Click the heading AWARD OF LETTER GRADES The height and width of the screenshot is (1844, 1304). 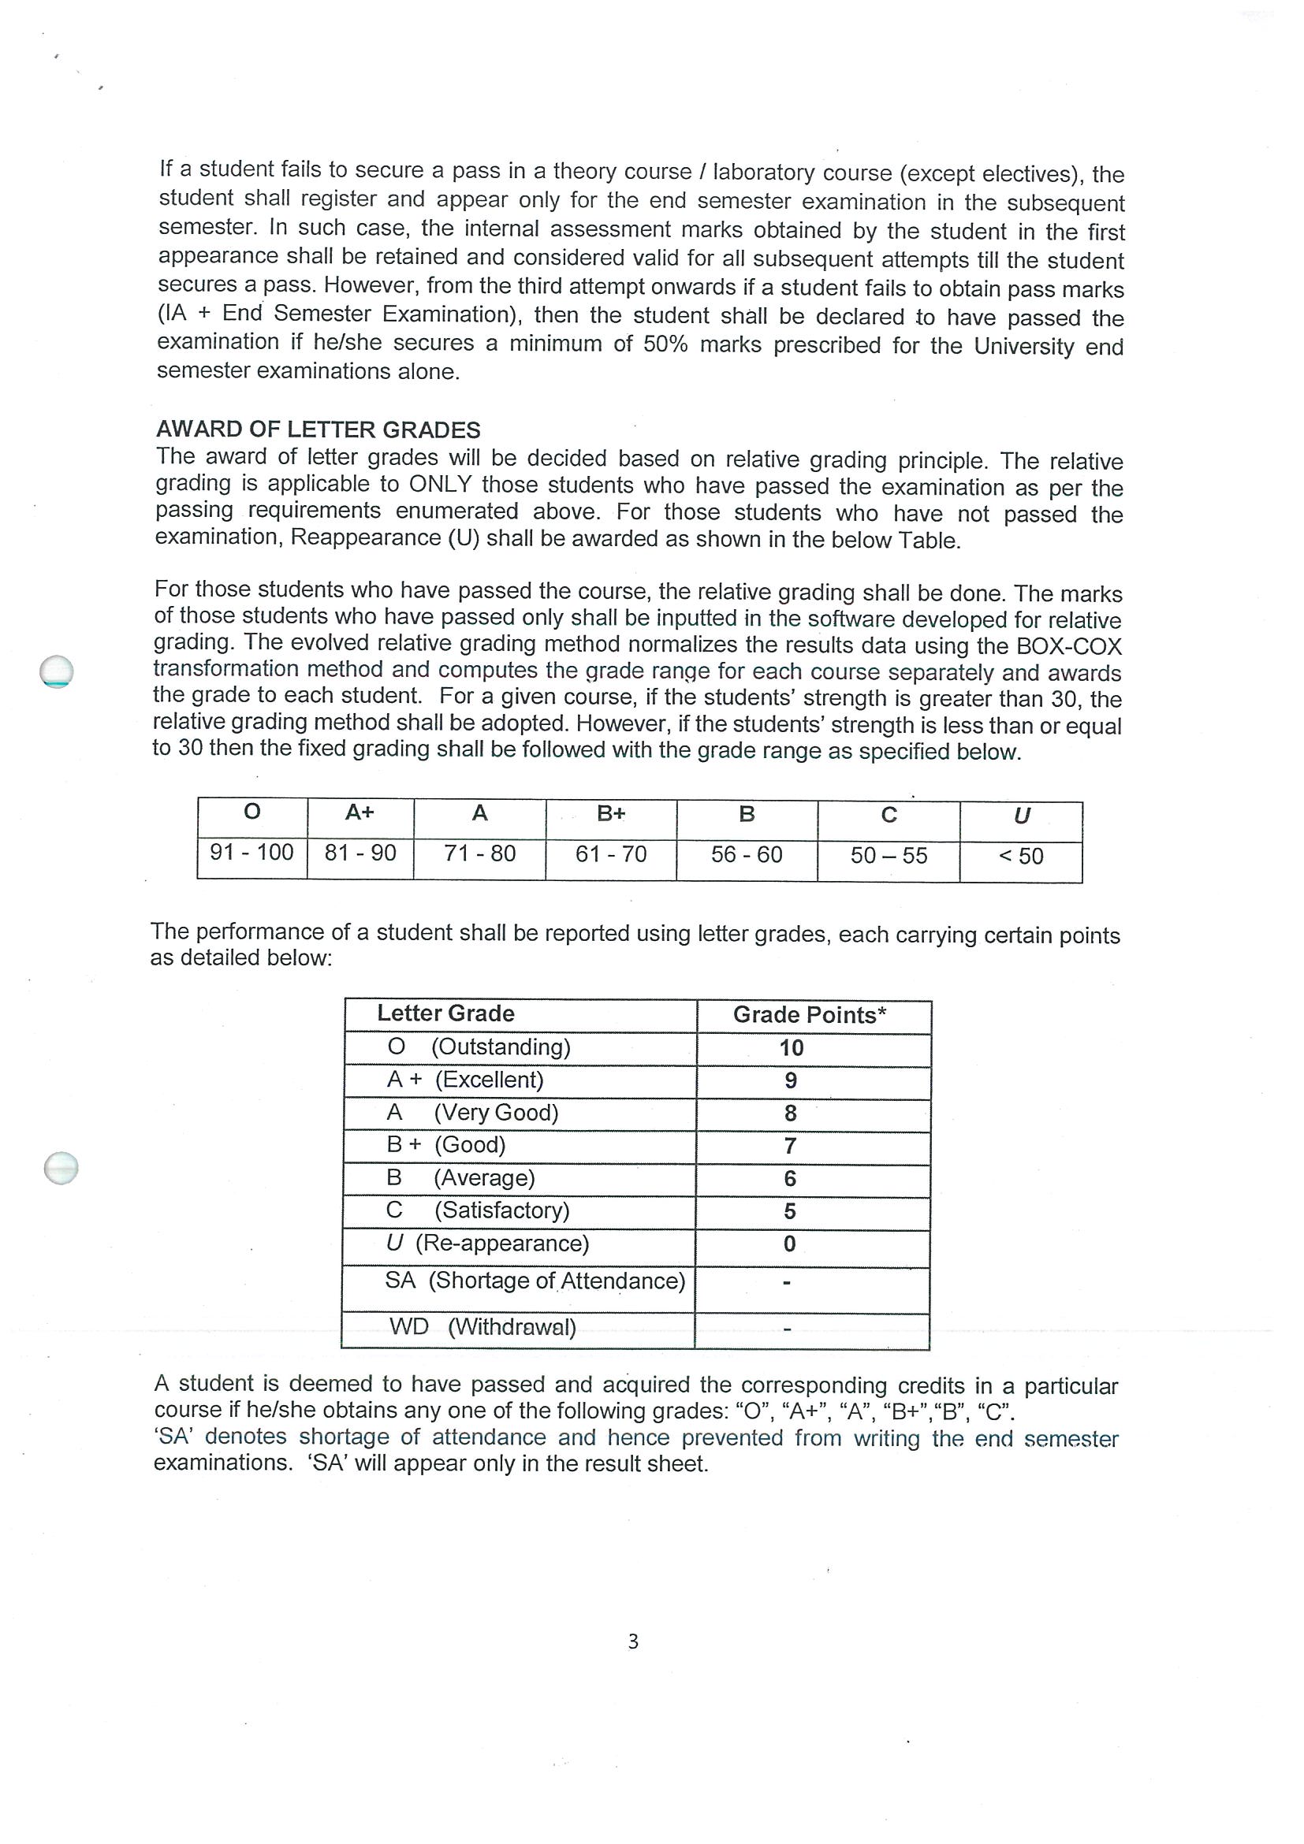click(319, 429)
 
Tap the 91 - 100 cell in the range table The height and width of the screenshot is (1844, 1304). click(251, 852)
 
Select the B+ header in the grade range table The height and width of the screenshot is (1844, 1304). click(611, 813)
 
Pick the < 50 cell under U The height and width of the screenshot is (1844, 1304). click(1020, 856)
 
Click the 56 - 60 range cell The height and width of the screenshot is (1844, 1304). click(747, 854)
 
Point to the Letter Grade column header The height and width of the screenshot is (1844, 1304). click(446, 1013)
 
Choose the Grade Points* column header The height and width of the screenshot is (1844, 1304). click(810, 1015)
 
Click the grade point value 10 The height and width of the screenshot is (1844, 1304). click(791, 1048)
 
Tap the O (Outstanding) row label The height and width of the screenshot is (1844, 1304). click(479, 1047)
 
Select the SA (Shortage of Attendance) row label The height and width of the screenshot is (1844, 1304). click(535, 1281)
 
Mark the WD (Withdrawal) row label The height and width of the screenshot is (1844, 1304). click(482, 1327)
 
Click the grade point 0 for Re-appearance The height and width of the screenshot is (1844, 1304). click(790, 1244)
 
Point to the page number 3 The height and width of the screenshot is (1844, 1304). click(633, 1641)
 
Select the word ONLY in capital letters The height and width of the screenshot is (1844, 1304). click(439, 485)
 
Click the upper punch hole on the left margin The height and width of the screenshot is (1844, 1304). click(56, 671)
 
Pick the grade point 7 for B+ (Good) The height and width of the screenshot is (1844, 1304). click(791, 1146)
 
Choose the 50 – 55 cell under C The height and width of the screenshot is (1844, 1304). click(889, 855)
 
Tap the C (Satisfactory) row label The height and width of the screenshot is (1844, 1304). click(478, 1210)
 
